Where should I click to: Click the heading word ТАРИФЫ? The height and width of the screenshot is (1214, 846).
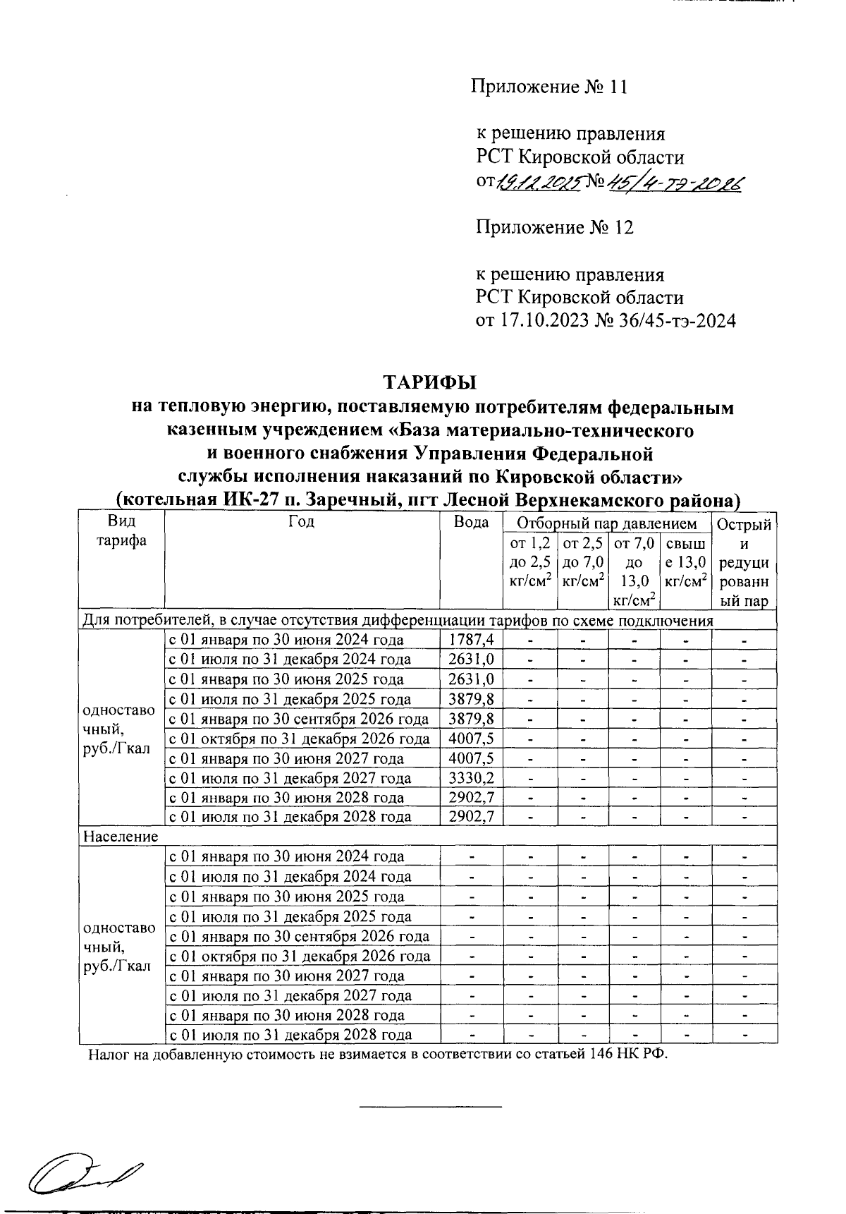[x=430, y=383]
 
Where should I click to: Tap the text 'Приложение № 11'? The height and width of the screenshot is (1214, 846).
[x=548, y=87]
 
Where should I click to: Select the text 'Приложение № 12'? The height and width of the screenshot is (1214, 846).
[x=554, y=228]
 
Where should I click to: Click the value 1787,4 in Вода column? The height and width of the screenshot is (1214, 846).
[x=471, y=640]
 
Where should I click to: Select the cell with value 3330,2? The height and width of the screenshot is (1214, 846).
[x=471, y=778]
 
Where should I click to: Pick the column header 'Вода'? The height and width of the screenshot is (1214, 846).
[x=471, y=523]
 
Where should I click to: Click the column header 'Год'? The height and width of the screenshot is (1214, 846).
[x=302, y=523]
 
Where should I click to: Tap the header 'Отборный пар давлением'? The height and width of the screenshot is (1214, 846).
[x=606, y=524]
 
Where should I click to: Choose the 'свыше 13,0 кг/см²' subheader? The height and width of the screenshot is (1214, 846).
[x=685, y=562]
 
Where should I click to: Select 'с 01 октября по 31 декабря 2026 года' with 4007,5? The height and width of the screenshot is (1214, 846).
[x=299, y=739]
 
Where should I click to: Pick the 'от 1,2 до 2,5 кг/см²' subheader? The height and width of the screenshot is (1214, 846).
[x=529, y=562]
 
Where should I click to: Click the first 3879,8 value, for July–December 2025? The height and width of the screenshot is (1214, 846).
[x=471, y=699]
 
